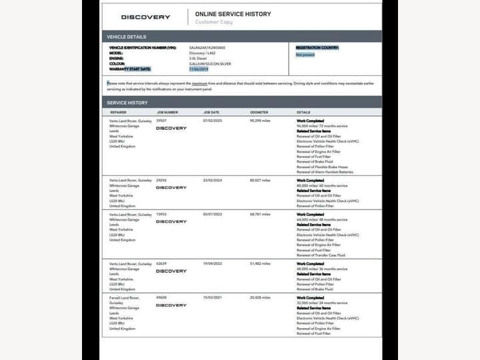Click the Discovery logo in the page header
click(x=145, y=17)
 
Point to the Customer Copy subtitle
click(x=213, y=23)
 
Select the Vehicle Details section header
click(x=127, y=37)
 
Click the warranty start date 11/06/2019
click(x=199, y=69)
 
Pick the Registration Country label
click(x=317, y=48)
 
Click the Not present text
click(x=305, y=55)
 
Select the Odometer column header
click(x=259, y=113)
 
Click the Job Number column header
click(x=167, y=113)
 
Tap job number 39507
click(x=162, y=121)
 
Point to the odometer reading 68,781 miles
click(x=260, y=215)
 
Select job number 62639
click(x=162, y=264)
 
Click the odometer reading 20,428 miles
click(x=260, y=298)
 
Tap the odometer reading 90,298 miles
click(x=260, y=121)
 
